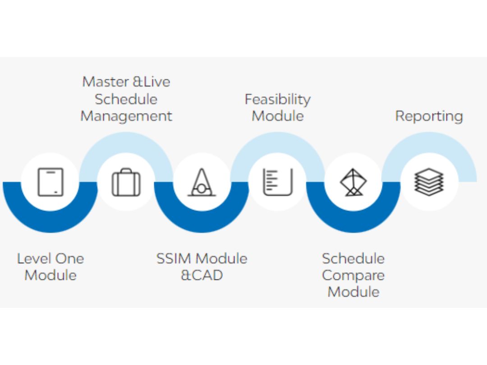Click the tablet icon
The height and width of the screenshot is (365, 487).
pyautogui.click(x=51, y=182)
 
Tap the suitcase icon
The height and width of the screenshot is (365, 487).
pyautogui.click(x=126, y=182)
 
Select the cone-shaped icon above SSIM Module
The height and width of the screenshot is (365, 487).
pyautogui.click(x=202, y=182)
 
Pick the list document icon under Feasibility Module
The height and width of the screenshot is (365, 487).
pyautogui.click(x=278, y=182)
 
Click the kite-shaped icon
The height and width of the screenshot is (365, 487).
pyautogui.click(x=354, y=182)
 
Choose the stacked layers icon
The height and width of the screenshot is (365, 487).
pyautogui.click(x=429, y=182)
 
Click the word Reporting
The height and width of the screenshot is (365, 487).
pyautogui.click(x=429, y=117)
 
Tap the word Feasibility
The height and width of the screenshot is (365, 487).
pyautogui.click(x=278, y=100)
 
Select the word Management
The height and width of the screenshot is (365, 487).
pyautogui.click(x=126, y=117)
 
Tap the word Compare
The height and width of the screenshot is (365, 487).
pyautogui.click(x=353, y=276)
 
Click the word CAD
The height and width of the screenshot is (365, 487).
pyautogui.click(x=207, y=275)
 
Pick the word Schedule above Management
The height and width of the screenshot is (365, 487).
pyautogui.click(x=126, y=99)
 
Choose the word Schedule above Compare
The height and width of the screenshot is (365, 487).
pyautogui.click(x=353, y=259)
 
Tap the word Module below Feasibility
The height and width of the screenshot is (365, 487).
pyautogui.click(x=278, y=116)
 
